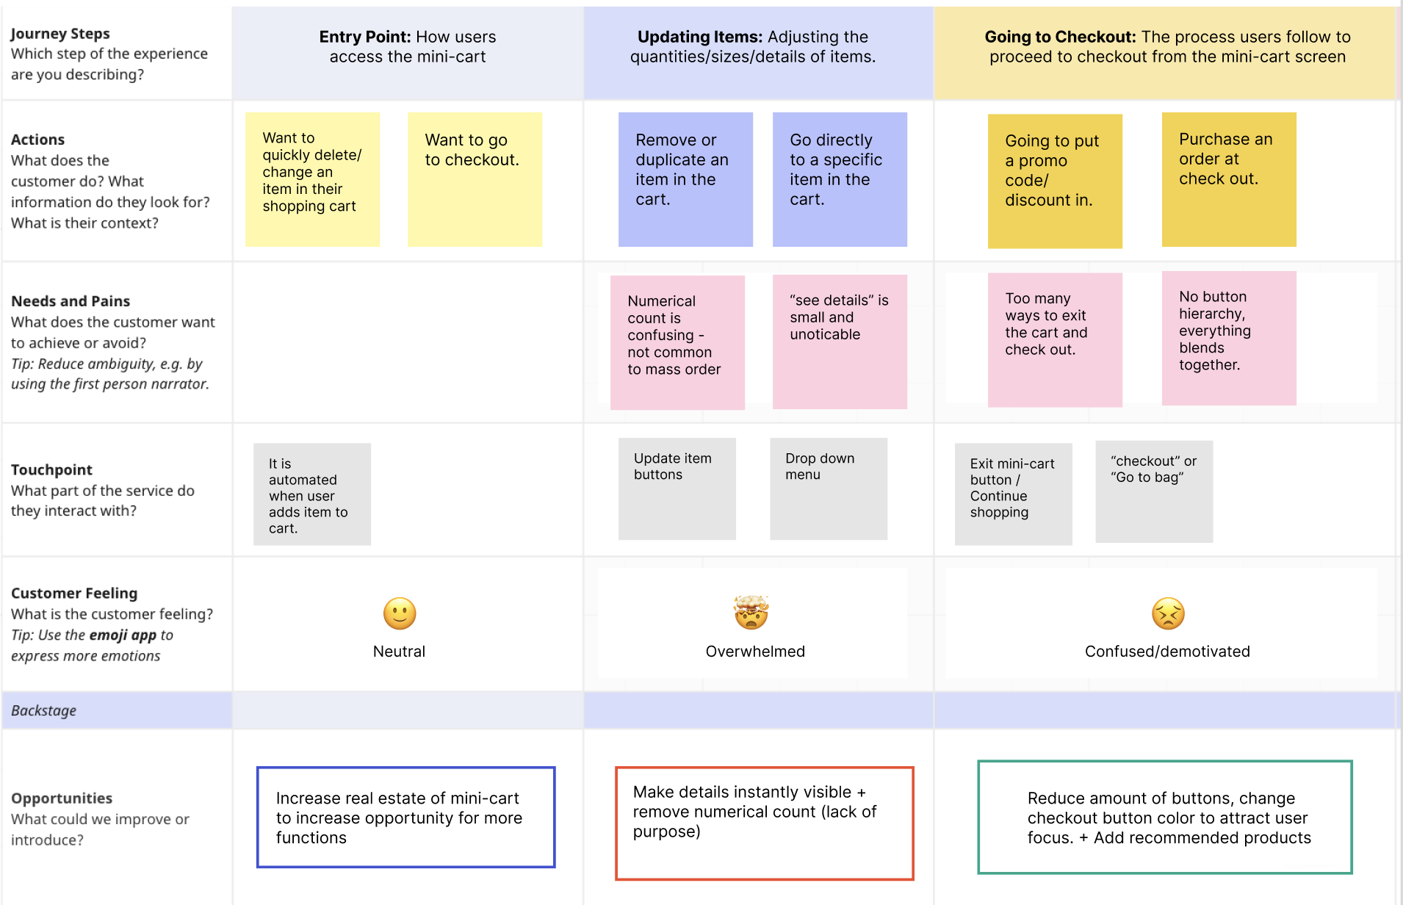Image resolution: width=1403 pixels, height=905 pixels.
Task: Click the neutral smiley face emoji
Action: point(400,613)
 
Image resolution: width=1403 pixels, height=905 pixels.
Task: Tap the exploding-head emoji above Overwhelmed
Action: point(751,613)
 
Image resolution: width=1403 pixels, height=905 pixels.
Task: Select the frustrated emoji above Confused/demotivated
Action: point(1168,613)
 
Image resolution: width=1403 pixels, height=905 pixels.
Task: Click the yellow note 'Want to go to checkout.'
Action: point(475,179)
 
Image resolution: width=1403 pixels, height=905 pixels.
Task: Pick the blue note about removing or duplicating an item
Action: point(685,179)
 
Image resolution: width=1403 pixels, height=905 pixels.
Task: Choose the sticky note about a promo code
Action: point(1055,181)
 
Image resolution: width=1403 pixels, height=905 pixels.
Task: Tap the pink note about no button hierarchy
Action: point(1229,338)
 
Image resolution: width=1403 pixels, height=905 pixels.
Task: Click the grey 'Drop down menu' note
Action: point(829,489)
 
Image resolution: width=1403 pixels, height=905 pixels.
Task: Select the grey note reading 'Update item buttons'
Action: point(677,489)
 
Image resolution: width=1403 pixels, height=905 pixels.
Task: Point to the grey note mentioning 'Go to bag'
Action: point(1154,491)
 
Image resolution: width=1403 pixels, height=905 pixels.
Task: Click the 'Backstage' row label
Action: point(44,710)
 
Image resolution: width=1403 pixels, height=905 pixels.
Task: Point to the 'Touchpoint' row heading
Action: point(51,469)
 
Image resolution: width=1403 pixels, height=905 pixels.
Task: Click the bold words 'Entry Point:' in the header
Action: point(364,37)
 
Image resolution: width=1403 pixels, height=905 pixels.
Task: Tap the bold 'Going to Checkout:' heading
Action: point(1061,37)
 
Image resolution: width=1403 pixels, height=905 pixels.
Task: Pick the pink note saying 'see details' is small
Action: point(840,342)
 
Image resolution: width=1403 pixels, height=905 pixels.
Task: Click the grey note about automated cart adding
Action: point(312,494)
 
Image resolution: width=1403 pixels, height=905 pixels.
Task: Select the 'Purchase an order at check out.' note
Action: point(1229,179)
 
